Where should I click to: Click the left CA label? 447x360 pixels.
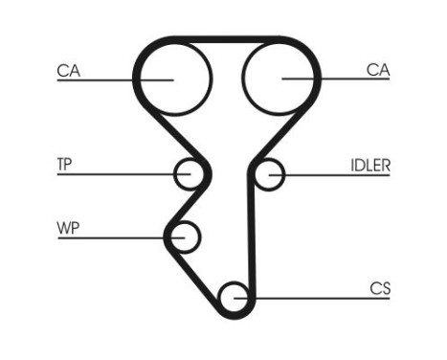coord(67,69)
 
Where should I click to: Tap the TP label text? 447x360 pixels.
coord(64,164)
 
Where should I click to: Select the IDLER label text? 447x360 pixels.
coord(369,164)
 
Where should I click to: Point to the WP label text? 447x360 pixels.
coord(67,227)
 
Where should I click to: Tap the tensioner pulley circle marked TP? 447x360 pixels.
coord(190,174)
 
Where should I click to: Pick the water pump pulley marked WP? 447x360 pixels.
coord(184,236)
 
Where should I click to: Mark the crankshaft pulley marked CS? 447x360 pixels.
coord(234,298)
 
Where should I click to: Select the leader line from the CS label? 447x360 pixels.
coord(316,298)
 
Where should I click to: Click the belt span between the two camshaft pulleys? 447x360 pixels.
coord(225,40)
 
